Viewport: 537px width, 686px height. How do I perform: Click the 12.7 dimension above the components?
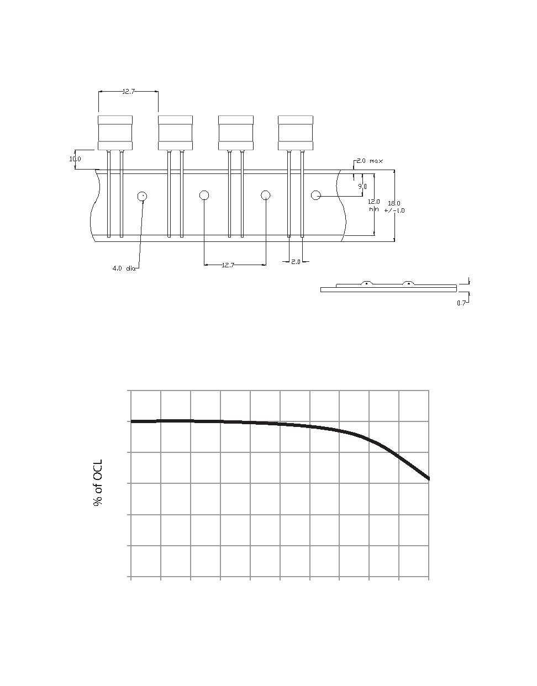129,92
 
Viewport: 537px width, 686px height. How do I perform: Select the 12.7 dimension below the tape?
228,265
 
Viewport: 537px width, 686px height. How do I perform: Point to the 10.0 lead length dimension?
75,159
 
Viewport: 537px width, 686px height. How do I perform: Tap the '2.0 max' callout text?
370,161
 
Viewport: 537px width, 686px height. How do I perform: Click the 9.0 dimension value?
362,187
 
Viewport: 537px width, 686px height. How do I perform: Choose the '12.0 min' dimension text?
374,205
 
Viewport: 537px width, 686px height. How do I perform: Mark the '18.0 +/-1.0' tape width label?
394,207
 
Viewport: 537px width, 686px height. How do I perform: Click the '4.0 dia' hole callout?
124,268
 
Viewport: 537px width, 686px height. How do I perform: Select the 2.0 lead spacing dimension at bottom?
296,262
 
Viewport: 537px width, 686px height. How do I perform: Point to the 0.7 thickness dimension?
461,303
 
